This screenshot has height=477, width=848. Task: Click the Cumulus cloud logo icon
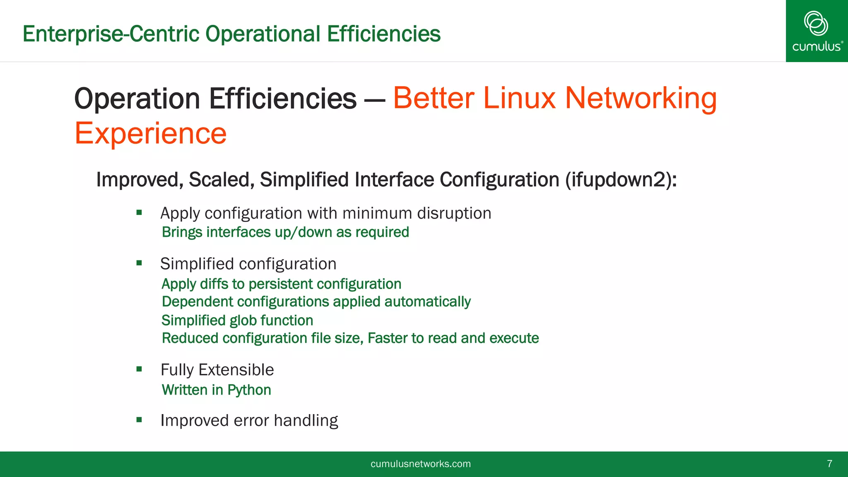coord(816,23)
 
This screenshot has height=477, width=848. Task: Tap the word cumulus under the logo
coord(816,46)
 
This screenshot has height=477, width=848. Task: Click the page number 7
coord(829,464)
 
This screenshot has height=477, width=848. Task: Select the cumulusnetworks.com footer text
coord(420,464)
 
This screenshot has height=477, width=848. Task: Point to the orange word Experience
coord(150,133)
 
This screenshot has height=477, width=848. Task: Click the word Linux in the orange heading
coord(519,98)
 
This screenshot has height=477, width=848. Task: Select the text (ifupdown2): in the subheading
coord(621,180)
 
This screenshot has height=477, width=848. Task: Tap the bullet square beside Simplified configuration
coord(139,263)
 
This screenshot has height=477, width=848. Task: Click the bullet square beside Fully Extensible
coord(139,369)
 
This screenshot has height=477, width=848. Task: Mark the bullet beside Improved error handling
coord(139,420)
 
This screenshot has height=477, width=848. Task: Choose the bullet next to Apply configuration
coord(139,213)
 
